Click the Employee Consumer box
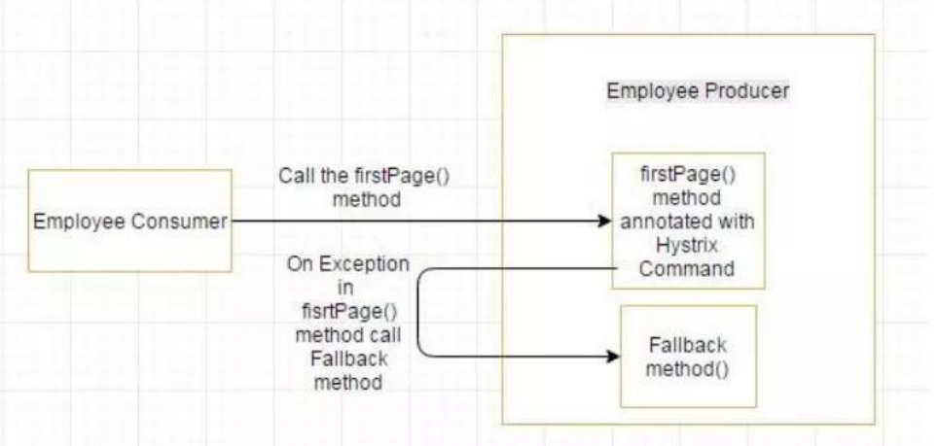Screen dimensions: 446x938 [129, 221]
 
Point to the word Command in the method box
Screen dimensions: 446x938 [687, 269]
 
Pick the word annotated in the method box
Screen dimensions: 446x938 [688, 223]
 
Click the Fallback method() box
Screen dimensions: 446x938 [687, 357]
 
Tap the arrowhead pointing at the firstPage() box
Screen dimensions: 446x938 [603, 222]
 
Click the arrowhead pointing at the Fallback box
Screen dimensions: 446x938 [612, 357]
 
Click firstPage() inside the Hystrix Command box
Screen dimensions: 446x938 [687, 178]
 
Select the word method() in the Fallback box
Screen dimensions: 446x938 [687, 370]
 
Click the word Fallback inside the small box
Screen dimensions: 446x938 [687, 346]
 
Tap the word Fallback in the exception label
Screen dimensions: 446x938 [347, 360]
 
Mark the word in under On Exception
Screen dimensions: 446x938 [347, 289]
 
